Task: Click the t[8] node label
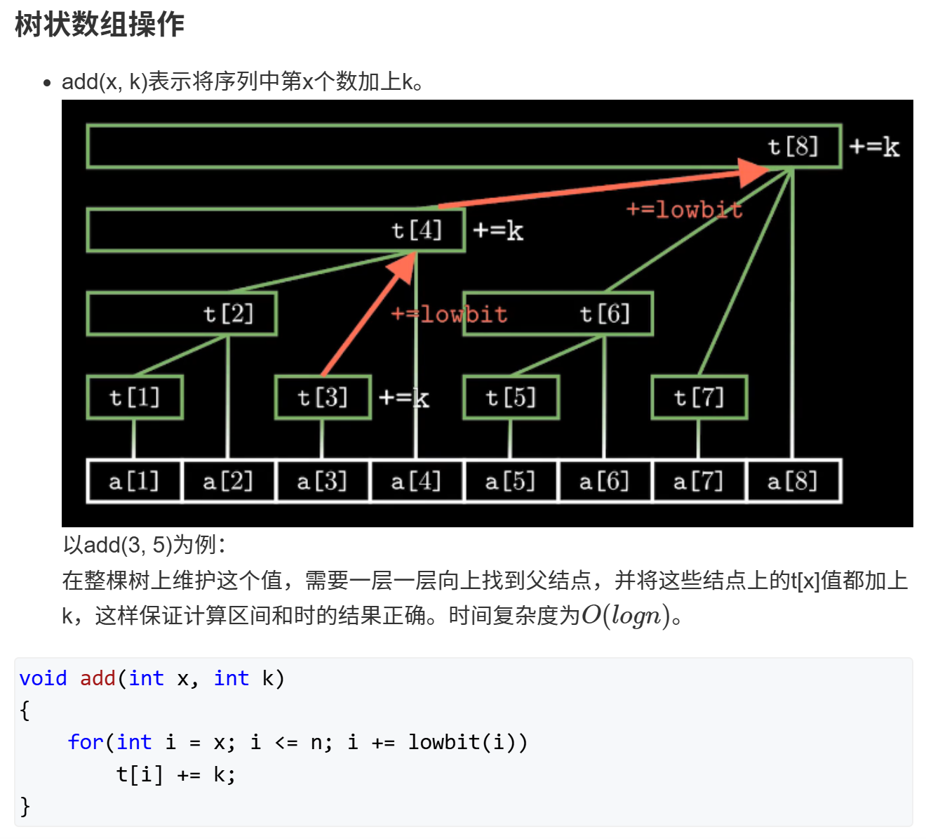793,146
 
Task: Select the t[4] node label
417,230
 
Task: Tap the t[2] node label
229,313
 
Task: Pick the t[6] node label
605,313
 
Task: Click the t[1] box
135,397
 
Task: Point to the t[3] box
323,397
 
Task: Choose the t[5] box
511,397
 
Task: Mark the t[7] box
699,397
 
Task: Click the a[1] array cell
134,481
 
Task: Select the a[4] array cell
416,481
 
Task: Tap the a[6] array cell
604,481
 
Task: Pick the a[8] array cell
793,481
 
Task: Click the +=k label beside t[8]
874,147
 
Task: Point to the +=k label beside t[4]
498,230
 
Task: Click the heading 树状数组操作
99,25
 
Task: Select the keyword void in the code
43,678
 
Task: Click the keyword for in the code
86,742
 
